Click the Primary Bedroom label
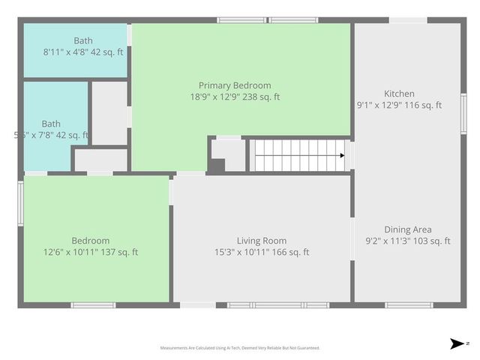point(235,85)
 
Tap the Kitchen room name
point(399,94)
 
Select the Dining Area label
point(407,229)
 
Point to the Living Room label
point(261,241)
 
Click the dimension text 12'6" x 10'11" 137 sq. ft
point(91,252)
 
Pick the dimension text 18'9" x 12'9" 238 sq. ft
point(235,97)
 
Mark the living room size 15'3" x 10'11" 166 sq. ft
point(261,252)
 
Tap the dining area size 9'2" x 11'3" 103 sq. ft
point(407,241)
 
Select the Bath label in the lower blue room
point(51,124)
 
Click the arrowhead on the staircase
point(342,156)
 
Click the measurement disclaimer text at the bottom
point(240,348)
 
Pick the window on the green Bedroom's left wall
point(20,203)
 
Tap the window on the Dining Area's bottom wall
point(409,304)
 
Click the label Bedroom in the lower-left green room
point(91,241)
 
